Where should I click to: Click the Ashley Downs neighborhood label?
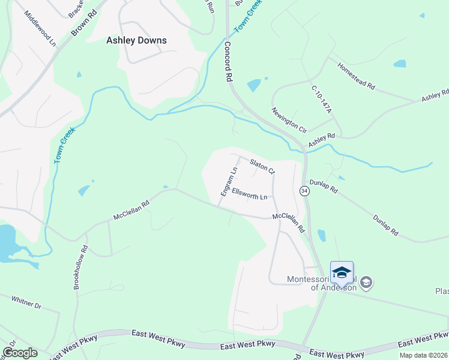click(x=136, y=41)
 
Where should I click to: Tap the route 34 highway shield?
click(x=304, y=191)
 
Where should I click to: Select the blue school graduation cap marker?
click(x=342, y=272)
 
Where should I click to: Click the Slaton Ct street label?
click(x=262, y=166)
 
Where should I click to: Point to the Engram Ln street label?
click(x=229, y=181)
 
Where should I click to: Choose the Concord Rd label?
click(x=228, y=61)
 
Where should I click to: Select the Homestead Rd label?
click(x=356, y=77)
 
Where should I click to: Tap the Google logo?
click(x=20, y=353)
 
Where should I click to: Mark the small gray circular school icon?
click(x=367, y=282)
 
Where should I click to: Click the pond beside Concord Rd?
click(x=254, y=85)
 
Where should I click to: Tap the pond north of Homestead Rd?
click(x=399, y=64)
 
